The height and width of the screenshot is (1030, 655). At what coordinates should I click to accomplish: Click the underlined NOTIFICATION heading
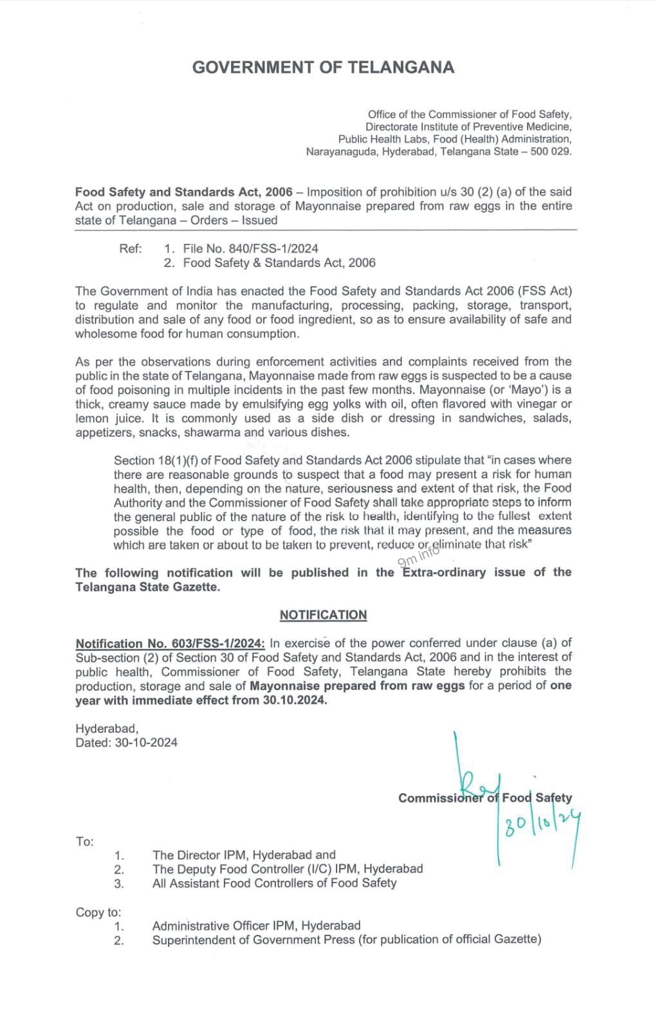pyautogui.click(x=323, y=615)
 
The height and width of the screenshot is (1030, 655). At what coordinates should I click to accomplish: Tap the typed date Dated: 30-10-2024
pyautogui.click(x=126, y=742)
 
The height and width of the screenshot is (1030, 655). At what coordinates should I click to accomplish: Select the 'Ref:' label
pyautogui.click(x=131, y=248)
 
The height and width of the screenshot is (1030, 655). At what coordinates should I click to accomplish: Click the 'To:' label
pyautogui.click(x=84, y=841)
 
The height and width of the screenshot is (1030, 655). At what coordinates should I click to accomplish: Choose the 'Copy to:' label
pyautogui.click(x=98, y=912)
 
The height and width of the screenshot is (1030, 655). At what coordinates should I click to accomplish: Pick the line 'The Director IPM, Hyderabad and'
pyautogui.click(x=244, y=855)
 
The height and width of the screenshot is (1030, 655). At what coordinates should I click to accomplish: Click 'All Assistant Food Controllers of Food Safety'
pyautogui.click(x=274, y=883)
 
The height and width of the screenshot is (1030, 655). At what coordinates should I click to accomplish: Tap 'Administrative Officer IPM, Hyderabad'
pyautogui.click(x=256, y=926)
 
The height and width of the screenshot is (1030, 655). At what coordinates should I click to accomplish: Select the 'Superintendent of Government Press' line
pyautogui.click(x=347, y=940)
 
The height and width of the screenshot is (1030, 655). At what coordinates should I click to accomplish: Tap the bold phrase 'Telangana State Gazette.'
pyautogui.click(x=147, y=587)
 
